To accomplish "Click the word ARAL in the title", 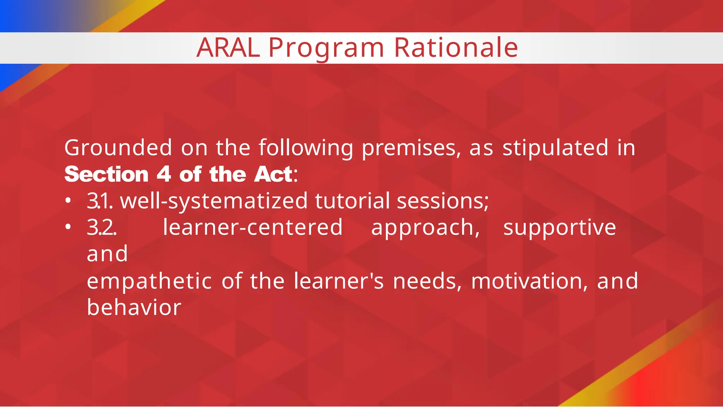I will pos(228,48).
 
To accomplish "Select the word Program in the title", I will pos(326,48).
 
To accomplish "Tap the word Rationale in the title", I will pos(456,48).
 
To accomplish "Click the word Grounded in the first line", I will pos(118,148).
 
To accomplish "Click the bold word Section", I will pos(106,175).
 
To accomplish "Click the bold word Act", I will pos(273,175).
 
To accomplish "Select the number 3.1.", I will pos(100,201).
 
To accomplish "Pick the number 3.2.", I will pos(102,228).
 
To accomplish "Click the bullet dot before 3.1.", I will pos(68,201).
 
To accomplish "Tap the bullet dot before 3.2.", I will pos(68,227).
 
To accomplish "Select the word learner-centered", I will pos(253,228).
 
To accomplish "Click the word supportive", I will pos(560,228).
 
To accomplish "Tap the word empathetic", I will pos(149,281).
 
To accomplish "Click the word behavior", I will pos(134,307).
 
